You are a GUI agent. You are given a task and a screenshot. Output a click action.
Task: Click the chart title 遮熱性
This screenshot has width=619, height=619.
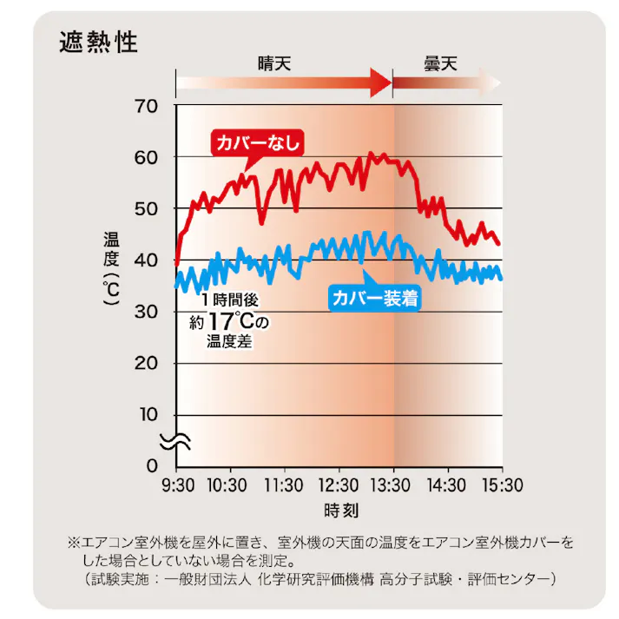click(98, 42)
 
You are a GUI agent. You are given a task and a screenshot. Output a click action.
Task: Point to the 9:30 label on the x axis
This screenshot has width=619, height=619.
click(176, 484)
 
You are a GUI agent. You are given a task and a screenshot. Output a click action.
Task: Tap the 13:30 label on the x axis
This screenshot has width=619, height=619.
click(393, 484)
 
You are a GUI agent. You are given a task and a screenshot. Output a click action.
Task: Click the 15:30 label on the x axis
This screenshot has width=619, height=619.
click(501, 484)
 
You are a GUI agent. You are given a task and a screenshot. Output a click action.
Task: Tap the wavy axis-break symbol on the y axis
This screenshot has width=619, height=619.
click(170, 440)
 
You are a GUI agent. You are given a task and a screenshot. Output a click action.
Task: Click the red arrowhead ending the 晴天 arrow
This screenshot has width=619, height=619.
click(381, 83)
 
